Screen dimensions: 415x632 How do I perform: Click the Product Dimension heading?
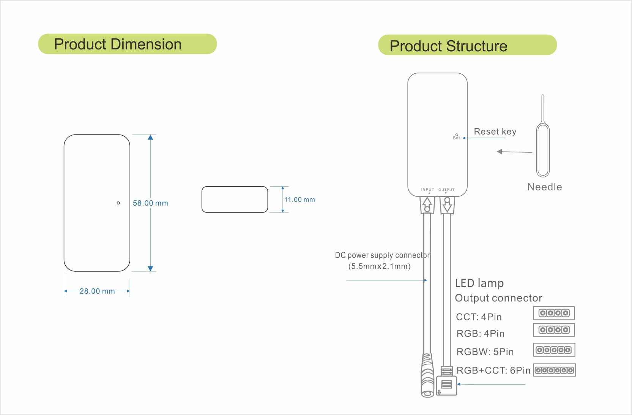(x=118, y=44)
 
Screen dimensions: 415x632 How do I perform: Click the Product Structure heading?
(x=448, y=46)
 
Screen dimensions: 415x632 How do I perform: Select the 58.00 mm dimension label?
(x=150, y=203)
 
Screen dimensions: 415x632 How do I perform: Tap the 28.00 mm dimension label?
(x=97, y=291)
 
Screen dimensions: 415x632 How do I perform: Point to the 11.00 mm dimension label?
(x=299, y=200)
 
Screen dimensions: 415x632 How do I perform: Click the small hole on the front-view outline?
(x=118, y=203)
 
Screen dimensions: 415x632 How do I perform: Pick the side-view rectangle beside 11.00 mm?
(x=235, y=200)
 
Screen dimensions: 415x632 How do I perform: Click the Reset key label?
(x=495, y=131)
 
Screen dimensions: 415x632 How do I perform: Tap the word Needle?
(x=544, y=187)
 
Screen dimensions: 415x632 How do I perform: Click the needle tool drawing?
(x=543, y=148)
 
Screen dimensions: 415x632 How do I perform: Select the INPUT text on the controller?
(x=427, y=189)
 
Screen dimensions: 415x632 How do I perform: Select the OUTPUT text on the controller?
(x=446, y=190)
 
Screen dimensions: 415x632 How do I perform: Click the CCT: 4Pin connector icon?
(x=554, y=313)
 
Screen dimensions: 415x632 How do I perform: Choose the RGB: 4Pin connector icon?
(x=554, y=330)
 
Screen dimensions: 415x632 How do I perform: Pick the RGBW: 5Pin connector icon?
(x=554, y=350)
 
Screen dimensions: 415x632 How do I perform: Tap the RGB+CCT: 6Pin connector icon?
(x=554, y=370)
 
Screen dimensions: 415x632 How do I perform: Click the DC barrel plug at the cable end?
(x=427, y=376)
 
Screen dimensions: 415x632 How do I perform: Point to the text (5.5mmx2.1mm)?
(x=379, y=266)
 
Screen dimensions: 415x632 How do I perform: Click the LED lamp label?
(x=479, y=283)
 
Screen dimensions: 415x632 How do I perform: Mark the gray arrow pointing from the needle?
(x=514, y=152)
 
